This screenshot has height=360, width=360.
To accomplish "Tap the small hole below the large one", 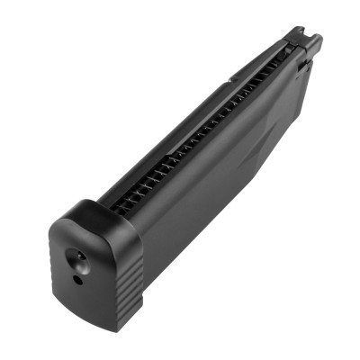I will pos(77,279).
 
